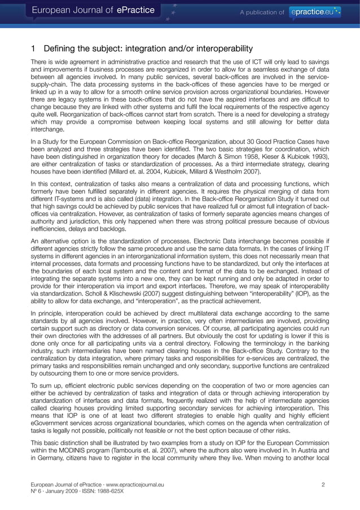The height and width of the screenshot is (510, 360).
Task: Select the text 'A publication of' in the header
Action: point(262,11)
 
